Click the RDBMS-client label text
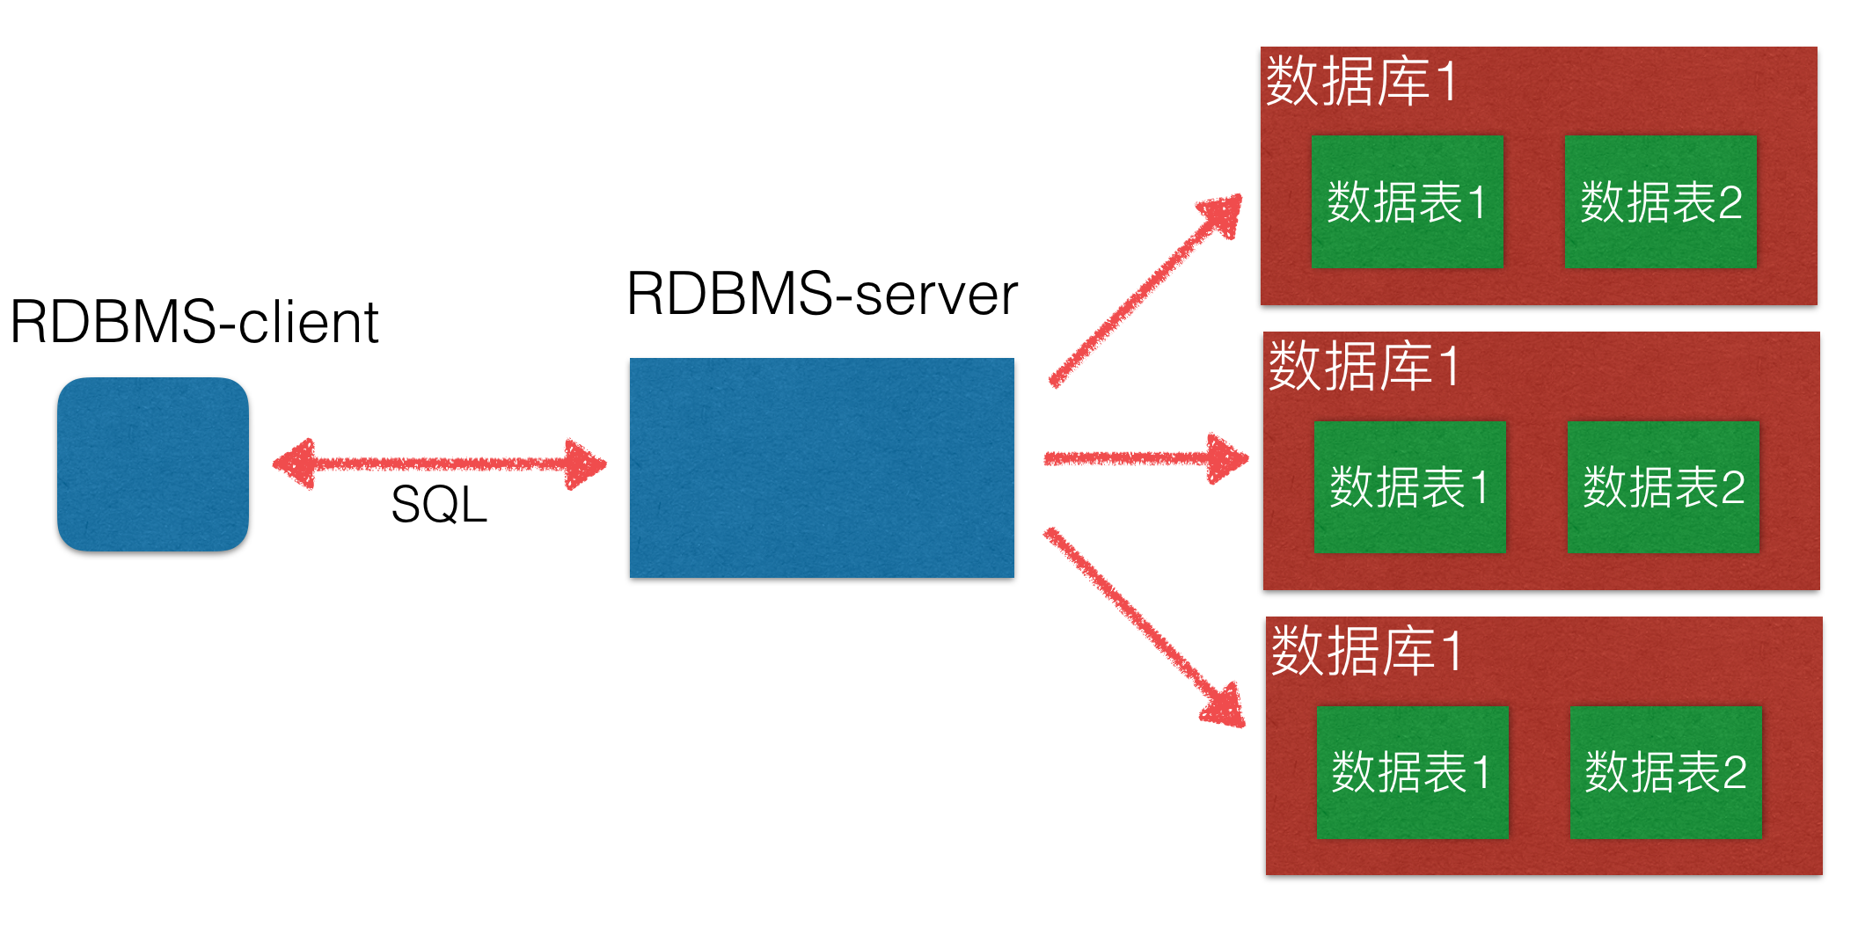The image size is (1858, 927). click(194, 322)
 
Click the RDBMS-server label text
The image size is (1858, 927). click(822, 294)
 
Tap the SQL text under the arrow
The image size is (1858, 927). click(439, 505)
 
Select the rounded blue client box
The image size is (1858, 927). click(153, 464)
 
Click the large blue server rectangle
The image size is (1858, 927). click(822, 468)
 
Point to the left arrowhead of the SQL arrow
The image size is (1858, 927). click(296, 463)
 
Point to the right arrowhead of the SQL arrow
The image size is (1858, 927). click(585, 463)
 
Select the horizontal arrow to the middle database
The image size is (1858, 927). click(1144, 458)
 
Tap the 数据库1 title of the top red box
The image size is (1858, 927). click(1360, 81)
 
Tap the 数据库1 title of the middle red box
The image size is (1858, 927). click(1363, 366)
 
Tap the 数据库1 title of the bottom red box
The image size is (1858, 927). click(1365, 651)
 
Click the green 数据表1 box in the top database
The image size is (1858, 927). click(1407, 201)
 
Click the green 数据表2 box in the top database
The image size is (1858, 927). click(1660, 201)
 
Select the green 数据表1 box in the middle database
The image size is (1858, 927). click(1409, 486)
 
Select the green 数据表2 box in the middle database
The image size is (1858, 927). click(1663, 486)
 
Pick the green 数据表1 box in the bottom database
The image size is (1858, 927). click(1412, 771)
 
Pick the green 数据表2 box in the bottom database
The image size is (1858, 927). click(1665, 771)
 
